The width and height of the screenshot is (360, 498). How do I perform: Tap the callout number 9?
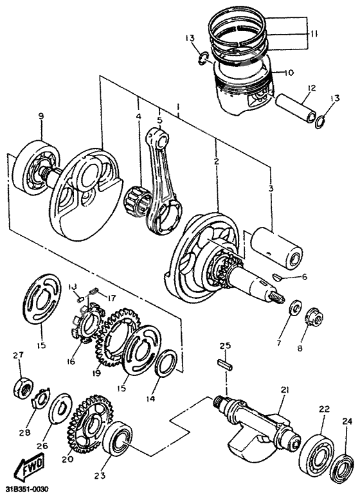coord(40,116)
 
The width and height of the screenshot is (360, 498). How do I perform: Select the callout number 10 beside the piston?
coord(287,73)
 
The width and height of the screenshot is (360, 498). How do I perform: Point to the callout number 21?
coord(285,391)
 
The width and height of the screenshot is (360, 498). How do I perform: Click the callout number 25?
coord(224,346)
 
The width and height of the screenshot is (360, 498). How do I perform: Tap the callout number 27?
coord(18,355)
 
